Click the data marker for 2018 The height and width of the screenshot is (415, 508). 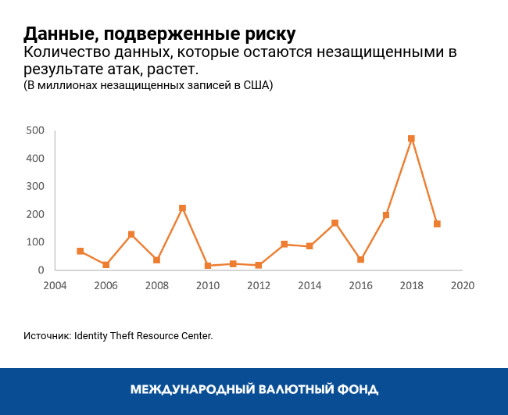[411, 139]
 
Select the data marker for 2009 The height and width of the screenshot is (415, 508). [182, 209]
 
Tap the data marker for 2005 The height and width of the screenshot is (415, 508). [80, 251]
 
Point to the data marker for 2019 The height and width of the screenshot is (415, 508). [437, 224]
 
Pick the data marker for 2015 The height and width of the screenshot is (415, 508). [334, 224]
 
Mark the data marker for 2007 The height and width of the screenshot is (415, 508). [131, 234]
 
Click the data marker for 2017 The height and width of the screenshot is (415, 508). [386, 215]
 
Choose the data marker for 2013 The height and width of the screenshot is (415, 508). [284, 245]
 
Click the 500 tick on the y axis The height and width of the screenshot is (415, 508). [34, 130]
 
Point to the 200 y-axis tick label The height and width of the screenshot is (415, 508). [34, 214]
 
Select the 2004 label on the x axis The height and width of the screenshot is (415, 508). [55, 284]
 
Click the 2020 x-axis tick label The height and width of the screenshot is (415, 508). [462, 284]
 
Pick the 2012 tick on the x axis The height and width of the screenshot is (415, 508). [259, 284]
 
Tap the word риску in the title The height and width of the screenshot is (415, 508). [270, 34]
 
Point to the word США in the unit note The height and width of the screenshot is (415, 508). [257, 85]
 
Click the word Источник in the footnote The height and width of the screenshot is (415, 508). [47, 335]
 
